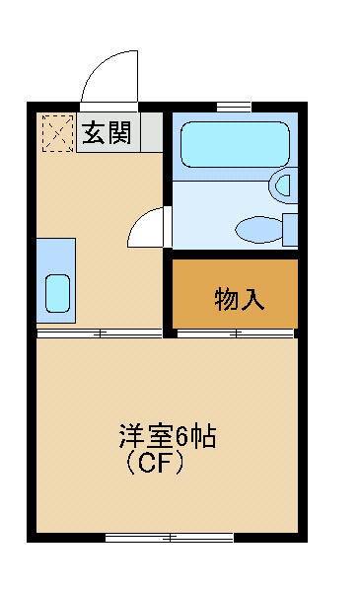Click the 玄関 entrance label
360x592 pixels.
107,132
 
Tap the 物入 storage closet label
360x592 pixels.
239,299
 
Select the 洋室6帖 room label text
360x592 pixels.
168,436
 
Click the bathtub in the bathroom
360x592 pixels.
235,144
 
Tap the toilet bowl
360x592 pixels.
258,229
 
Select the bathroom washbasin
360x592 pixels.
283,185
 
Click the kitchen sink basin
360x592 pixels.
58,293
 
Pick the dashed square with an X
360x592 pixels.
58,133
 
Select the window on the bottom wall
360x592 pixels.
169,538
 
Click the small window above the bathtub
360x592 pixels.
234,107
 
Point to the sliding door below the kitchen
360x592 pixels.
100,333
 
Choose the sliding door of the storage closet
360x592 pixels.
236,333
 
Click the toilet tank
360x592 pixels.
290,230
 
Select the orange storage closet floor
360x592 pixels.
235,294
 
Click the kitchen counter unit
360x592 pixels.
56,280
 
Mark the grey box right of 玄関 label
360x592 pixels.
152,132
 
